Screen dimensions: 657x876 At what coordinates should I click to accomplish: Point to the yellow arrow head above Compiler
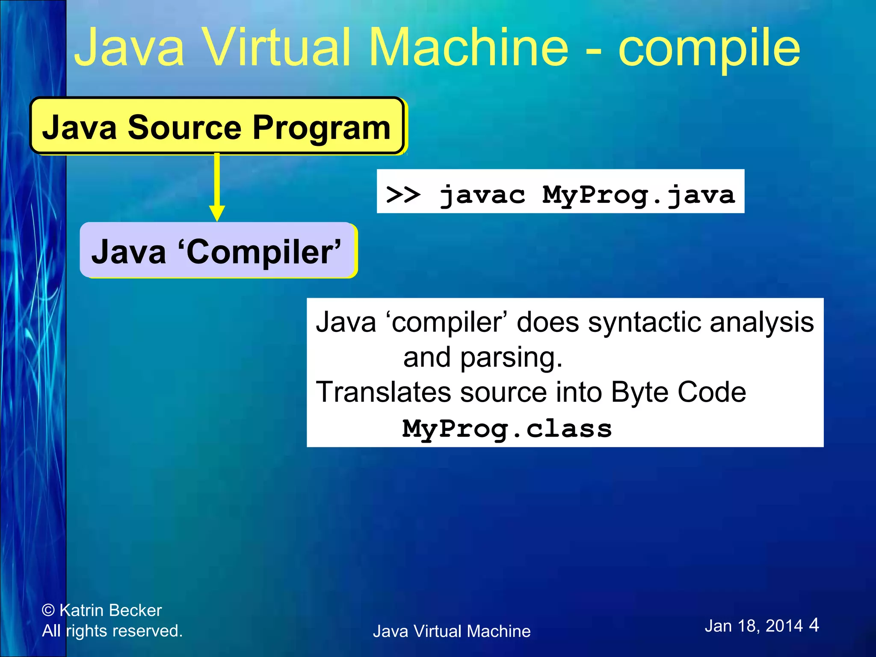tap(217, 213)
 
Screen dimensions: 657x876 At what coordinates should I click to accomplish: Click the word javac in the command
tap(482, 195)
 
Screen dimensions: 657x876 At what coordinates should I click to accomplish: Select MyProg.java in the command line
tap(638, 195)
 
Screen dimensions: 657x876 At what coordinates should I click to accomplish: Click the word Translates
tap(383, 392)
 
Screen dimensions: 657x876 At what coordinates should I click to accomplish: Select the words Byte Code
tap(678, 392)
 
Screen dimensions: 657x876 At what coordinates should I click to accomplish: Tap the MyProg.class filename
tap(507, 429)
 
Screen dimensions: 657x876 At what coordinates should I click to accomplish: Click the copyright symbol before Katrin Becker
tap(48, 610)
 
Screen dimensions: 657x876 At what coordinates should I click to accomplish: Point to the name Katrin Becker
tap(111, 610)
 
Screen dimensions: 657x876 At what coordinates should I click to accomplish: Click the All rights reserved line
tap(112, 631)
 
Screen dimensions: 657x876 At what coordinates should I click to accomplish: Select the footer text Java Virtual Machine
tap(452, 631)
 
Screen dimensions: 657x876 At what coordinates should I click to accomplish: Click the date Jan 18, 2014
tap(754, 626)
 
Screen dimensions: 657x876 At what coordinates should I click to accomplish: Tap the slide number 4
tap(814, 625)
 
